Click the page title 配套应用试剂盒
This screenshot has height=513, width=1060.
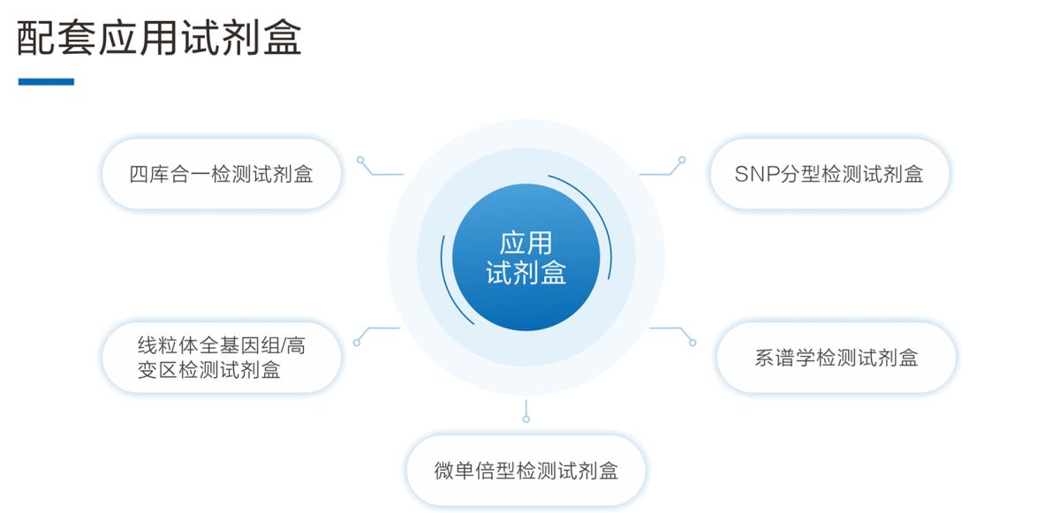159,39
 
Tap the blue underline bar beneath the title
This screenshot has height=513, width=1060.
46,82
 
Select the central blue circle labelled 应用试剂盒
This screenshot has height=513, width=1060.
526,257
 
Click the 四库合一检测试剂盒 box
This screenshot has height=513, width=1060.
221,174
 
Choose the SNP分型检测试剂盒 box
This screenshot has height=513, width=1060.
829,174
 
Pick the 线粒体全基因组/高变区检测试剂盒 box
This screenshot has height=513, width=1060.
221,358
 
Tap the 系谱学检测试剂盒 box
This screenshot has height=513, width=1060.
836,358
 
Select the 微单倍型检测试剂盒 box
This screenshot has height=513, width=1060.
526,471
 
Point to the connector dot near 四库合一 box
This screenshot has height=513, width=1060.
360,161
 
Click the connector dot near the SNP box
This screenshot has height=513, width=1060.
682,161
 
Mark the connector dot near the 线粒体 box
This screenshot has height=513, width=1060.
357,342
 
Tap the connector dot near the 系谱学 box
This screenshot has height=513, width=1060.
693,343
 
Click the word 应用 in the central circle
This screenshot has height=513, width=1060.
526,242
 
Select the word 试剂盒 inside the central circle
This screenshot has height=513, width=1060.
526,274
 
